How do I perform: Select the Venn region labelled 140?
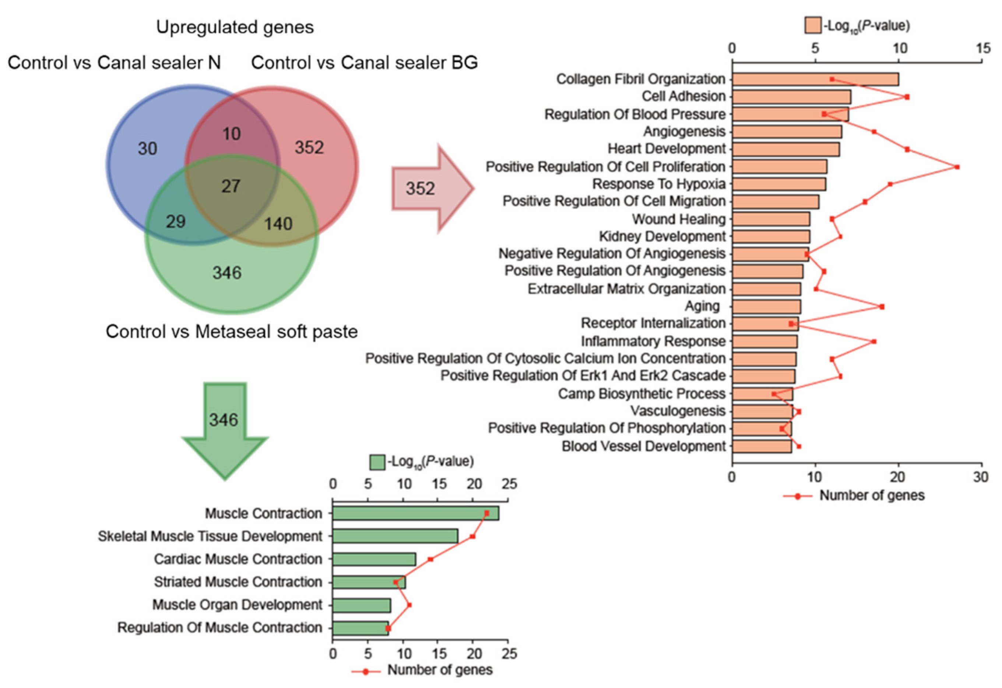278,224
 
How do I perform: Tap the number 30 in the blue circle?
147,149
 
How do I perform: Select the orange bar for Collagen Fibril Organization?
815,79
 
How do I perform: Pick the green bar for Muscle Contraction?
415,514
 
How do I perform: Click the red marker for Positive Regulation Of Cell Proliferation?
957,167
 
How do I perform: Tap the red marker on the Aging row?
882,307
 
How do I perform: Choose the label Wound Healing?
679,219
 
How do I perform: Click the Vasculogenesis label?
678,411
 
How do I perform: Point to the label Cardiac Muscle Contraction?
238,559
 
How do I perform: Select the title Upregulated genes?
235,27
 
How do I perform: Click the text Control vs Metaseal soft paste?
232,332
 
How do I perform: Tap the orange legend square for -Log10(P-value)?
813,25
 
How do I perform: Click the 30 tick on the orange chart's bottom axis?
981,477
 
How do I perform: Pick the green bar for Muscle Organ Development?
361,605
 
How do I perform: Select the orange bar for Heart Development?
785,149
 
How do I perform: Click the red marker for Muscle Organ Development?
409,605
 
